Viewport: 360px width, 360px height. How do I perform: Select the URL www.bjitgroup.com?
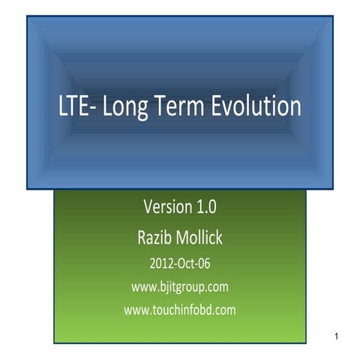tap(180, 286)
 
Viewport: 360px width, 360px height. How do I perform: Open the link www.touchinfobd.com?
tap(180, 309)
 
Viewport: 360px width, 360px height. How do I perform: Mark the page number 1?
tap(338, 334)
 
